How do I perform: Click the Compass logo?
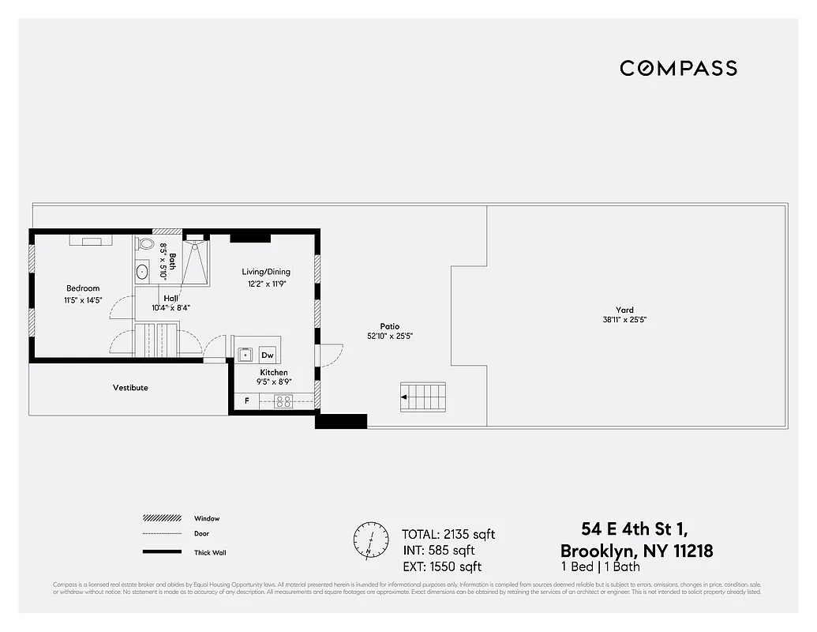[678, 68]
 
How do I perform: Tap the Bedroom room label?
[83, 288]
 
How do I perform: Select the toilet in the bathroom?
[144, 243]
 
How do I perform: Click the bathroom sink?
[143, 272]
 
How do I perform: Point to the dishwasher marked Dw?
[268, 355]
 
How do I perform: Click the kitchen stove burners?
[283, 401]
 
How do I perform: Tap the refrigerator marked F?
[247, 401]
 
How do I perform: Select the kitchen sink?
[245, 355]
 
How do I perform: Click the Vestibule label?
[130, 388]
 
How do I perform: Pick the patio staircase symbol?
[422, 396]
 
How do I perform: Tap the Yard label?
[625, 310]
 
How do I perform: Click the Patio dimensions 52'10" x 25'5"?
[389, 337]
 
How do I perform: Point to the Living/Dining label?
[266, 273]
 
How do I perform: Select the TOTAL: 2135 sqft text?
[448, 535]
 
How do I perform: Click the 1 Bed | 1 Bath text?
[600, 567]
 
